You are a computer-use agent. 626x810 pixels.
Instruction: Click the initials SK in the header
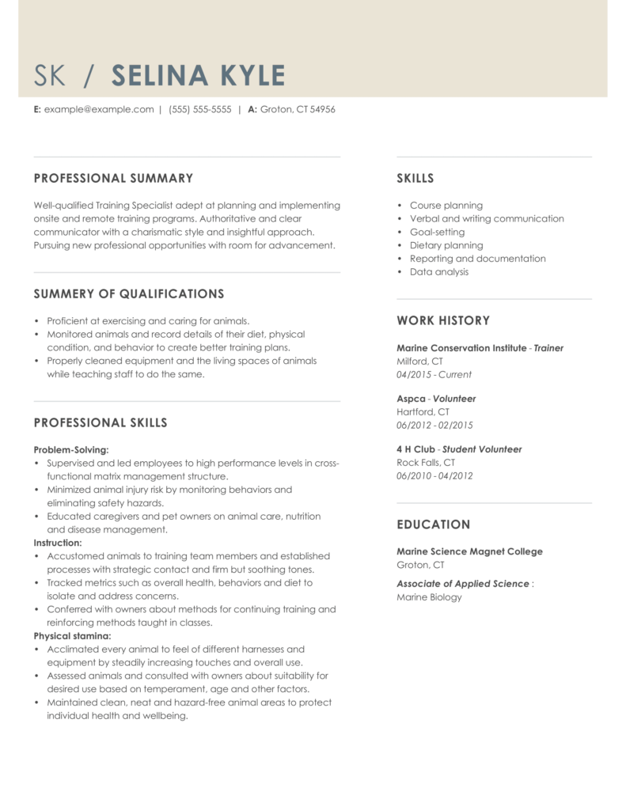52,76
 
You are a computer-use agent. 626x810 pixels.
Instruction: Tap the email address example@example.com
99,110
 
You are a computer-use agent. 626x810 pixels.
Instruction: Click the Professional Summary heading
113,179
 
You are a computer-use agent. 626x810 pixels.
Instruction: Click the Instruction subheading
58,543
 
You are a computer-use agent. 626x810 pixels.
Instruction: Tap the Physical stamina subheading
72,636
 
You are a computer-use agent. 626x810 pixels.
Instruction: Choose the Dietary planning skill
446,245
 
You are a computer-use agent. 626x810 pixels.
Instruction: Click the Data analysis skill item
439,272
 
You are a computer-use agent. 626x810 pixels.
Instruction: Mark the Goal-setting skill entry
437,232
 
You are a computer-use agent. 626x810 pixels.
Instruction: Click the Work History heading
443,321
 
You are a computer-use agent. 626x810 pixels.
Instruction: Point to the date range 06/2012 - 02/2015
434,426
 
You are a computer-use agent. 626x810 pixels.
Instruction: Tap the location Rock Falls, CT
426,463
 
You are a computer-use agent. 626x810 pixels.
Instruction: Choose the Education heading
434,524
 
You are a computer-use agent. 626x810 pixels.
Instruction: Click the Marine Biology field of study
429,597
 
